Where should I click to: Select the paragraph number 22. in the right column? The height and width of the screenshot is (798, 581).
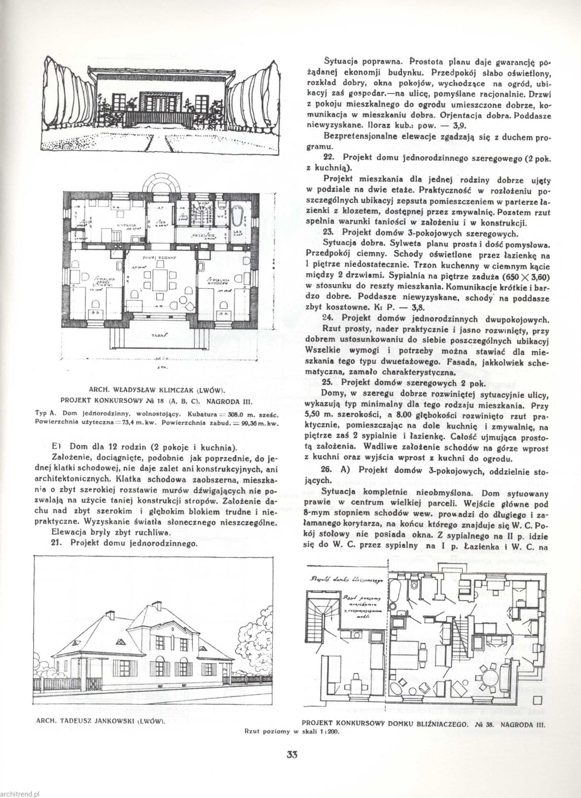[x=328, y=157]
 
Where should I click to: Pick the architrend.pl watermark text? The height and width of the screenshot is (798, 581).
[x=20, y=792]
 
